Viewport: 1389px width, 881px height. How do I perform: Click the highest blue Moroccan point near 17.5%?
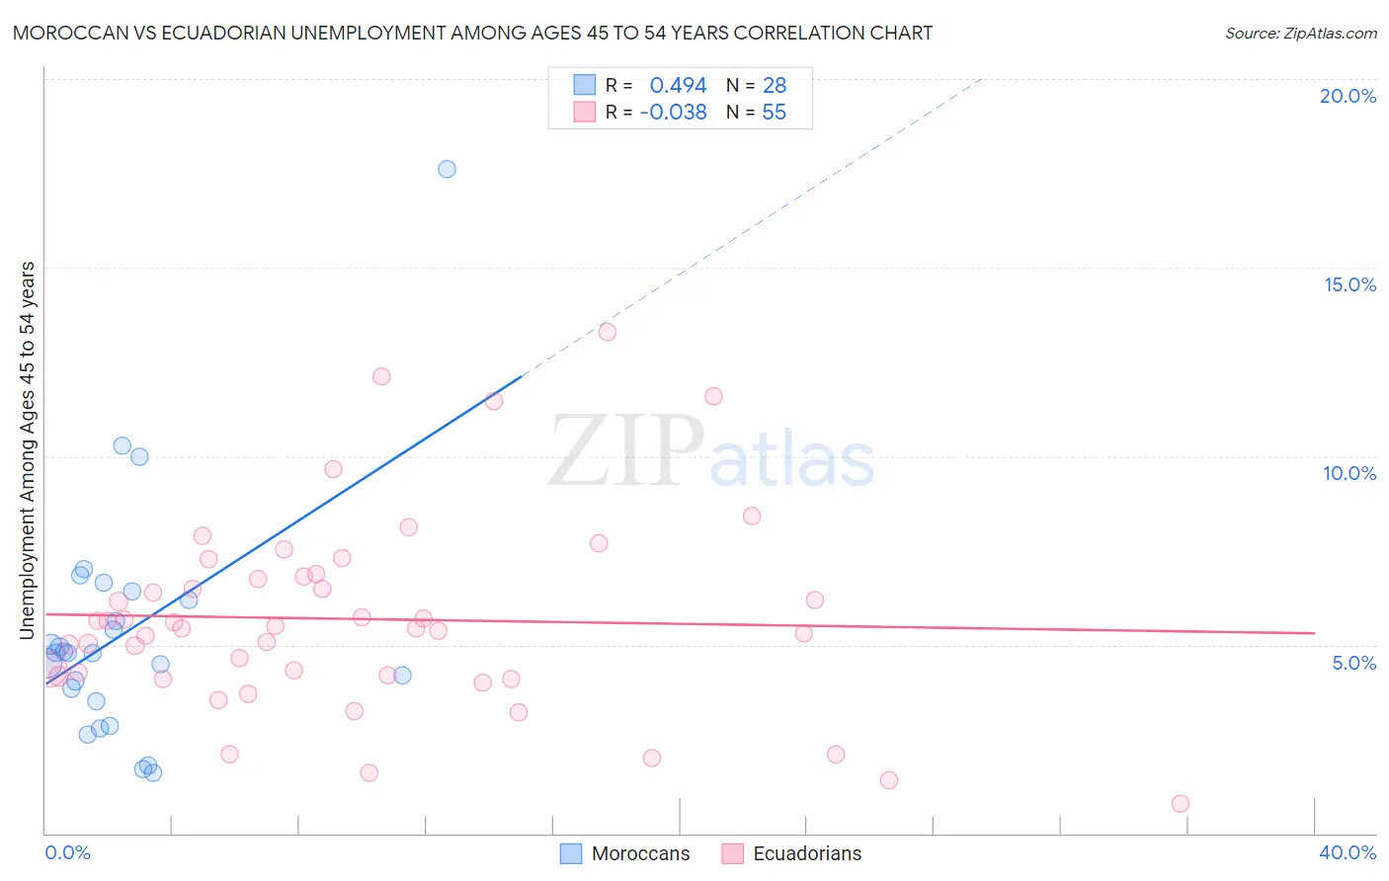tap(447, 169)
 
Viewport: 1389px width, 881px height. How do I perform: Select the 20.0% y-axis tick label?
tap(1348, 96)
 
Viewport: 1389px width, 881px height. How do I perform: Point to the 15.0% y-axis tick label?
tap(1349, 284)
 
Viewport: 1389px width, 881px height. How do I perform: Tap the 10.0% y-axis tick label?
tap(1349, 473)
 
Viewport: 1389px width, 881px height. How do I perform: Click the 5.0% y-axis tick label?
tap(1353, 663)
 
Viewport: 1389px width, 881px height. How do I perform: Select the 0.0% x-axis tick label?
tap(67, 852)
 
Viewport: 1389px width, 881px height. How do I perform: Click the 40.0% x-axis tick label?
tap(1348, 852)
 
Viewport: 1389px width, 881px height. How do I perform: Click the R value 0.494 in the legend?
tap(678, 86)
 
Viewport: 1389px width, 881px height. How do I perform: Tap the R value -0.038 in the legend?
tap(674, 113)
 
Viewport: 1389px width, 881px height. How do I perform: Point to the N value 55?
tap(774, 113)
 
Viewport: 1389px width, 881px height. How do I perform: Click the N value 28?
tap(774, 86)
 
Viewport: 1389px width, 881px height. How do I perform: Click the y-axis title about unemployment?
tap(28, 449)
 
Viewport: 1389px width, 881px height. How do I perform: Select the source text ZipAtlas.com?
tap(1330, 34)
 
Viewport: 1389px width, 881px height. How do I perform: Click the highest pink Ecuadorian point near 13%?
tap(607, 332)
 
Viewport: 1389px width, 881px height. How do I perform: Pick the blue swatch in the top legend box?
tap(585, 85)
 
